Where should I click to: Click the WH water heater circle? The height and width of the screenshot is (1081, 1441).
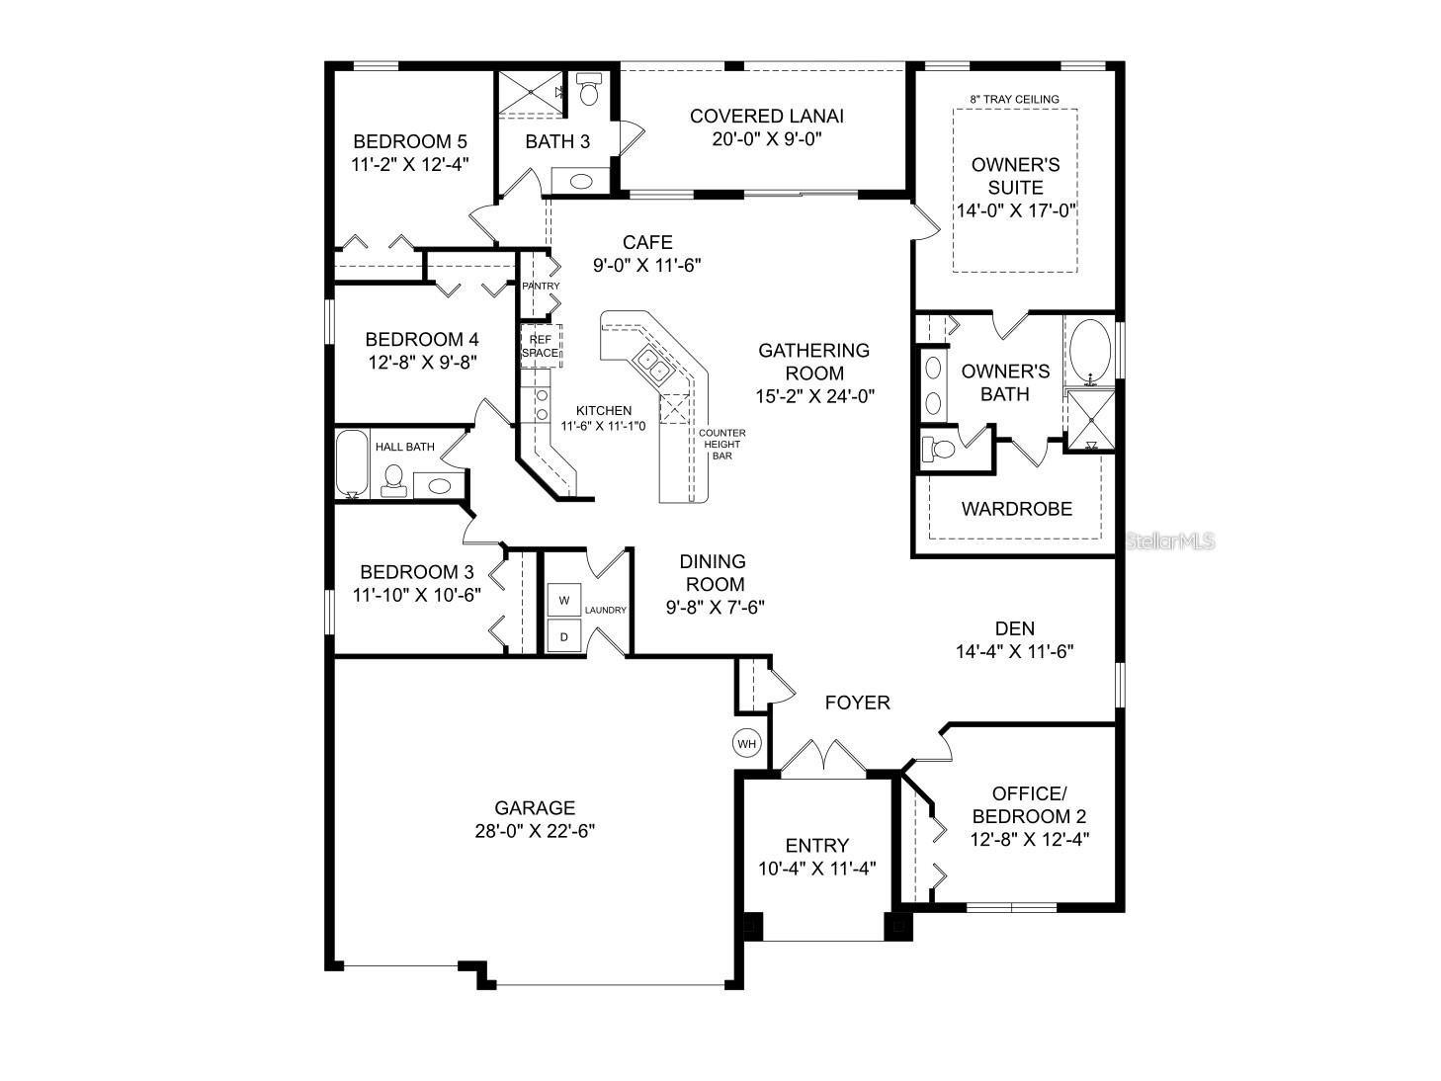pyautogui.click(x=747, y=742)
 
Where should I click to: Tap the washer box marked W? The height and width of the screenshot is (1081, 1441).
pyautogui.click(x=564, y=600)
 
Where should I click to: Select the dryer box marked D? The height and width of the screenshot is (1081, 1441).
pyautogui.click(x=564, y=636)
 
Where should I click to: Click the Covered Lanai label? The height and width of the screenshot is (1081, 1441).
pyautogui.click(x=766, y=116)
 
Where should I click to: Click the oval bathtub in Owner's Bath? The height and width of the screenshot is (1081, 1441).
pyautogui.click(x=1090, y=350)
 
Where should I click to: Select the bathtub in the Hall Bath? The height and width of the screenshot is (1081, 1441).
pyautogui.click(x=351, y=464)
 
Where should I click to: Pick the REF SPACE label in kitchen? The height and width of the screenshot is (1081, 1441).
pyautogui.click(x=541, y=345)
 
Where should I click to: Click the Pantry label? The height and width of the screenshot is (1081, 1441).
pyautogui.click(x=541, y=286)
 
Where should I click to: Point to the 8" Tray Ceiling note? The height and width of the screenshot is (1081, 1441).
pyautogui.click(x=1014, y=99)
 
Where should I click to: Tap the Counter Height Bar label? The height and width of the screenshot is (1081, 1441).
pyautogui.click(x=721, y=444)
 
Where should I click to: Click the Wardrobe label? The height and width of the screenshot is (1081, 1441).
pyautogui.click(x=1016, y=509)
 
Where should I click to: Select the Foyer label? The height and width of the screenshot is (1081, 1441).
pyautogui.click(x=857, y=703)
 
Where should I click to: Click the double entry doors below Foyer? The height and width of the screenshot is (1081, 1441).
pyautogui.click(x=823, y=758)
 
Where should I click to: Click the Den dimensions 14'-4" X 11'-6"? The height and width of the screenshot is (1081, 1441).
pyautogui.click(x=1014, y=652)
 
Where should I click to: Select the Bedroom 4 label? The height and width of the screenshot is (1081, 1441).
pyautogui.click(x=422, y=339)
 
